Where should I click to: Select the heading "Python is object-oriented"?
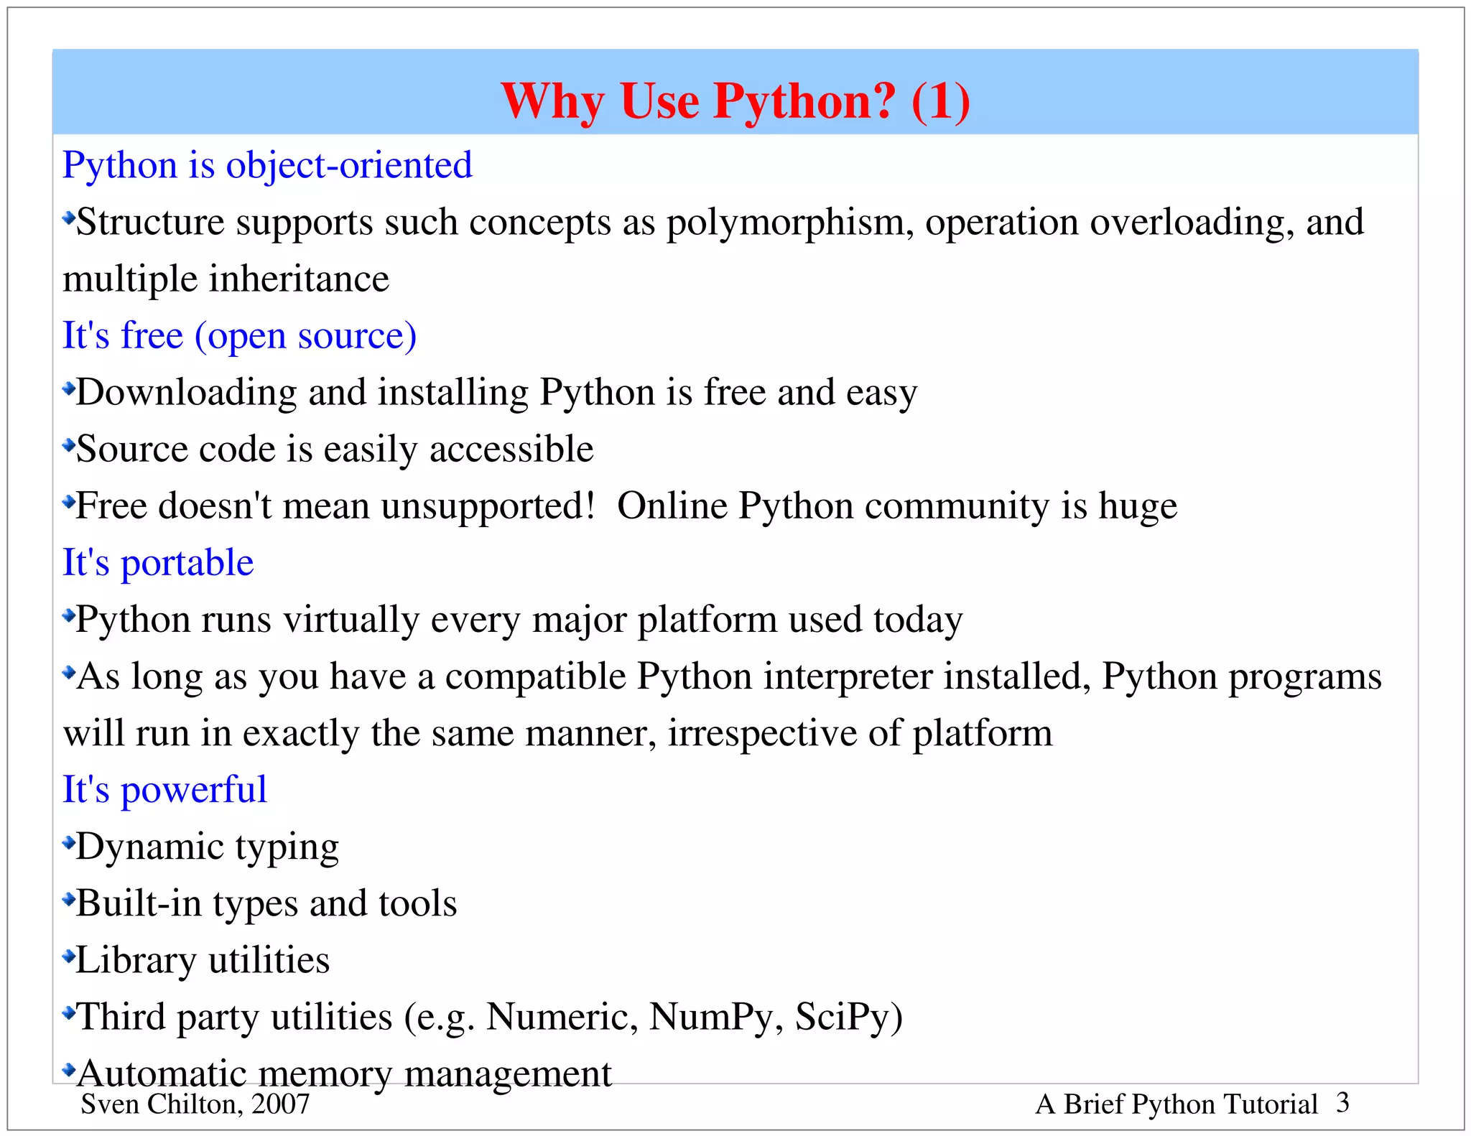pyautogui.click(x=267, y=165)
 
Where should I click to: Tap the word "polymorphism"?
pyautogui.click(x=790, y=223)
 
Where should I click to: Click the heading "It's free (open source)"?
pyautogui.click(x=239, y=335)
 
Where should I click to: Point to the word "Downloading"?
pyautogui.click(x=187, y=393)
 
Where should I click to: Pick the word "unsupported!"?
pyautogui.click(x=488, y=506)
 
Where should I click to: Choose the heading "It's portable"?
pyautogui.click(x=158, y=562)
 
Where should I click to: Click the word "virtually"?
pyautogui.click(x=351, y=619)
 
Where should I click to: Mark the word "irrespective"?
pyautogui.click(x=762, y=733)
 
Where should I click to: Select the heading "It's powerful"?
pyautogui.click(x=164, y=790)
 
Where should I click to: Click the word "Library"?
pyautogui.click(x=136, y=961)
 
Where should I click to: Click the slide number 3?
pyautogui.click(x=1342, y=1103)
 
